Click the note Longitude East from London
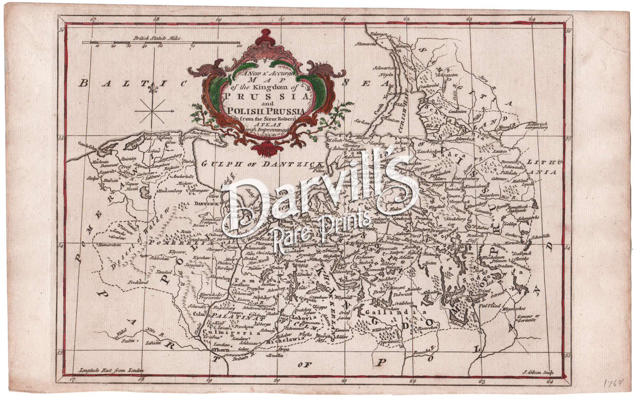coord(111,371)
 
